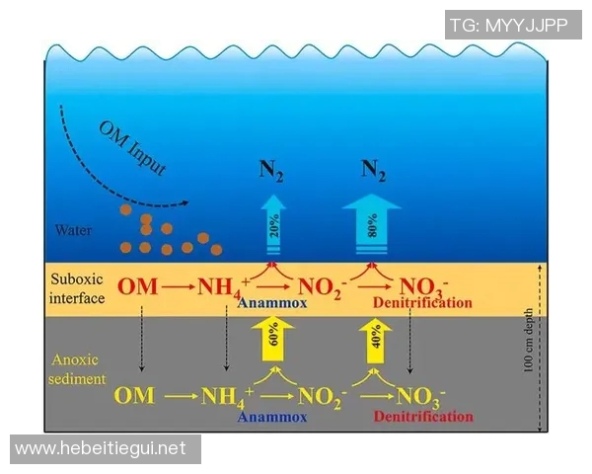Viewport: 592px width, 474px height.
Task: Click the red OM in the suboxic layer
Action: point(137,288)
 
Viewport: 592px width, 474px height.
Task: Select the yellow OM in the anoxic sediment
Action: point(134,397)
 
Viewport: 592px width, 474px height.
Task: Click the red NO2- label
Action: point(322,288)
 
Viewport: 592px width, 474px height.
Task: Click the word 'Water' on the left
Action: point(74,231)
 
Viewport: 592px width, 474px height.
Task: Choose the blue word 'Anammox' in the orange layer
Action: point(271,303)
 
